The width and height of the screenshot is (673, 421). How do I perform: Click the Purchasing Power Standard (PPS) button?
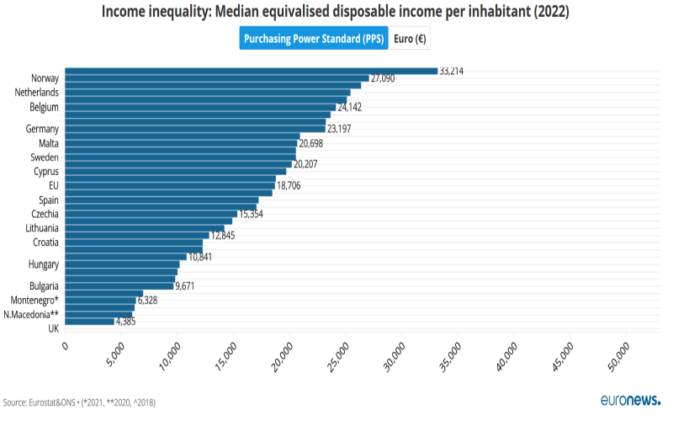pyautogui.click(x=313, y=39)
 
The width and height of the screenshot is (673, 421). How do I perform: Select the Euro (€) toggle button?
pyautogui.click(x=409, y=39)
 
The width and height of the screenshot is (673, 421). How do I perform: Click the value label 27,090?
pyautogui.click(x=383, y=78)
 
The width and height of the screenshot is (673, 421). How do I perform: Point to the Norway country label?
pyautogui.click(x=45, y=78)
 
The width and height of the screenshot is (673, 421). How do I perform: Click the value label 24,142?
pyautogui.click(x=354, y=107)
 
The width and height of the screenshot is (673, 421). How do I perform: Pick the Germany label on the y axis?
pyautogui.click(x=42, y=129)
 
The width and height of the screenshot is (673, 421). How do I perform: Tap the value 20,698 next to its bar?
pyautogui.click(x=316, y=143)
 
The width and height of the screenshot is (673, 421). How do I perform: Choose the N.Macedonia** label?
pyautogui.click(x=31, y=314)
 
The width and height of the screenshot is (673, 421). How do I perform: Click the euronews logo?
pyautogui.click(x=631, y=401)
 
